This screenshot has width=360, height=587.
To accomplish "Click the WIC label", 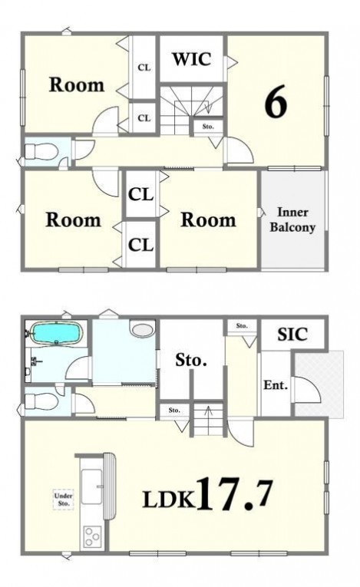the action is pyautogui.click(x=191, y=59).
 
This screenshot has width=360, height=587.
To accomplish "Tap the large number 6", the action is pyautogui.click(x=276, y=101).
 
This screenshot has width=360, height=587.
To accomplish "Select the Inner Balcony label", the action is pyautogui.click(x=292, y=219).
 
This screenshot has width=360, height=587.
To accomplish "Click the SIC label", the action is pyautogui.click(x=292, y=335).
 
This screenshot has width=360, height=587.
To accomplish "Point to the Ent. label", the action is pyautogui.click(x=276, y=385).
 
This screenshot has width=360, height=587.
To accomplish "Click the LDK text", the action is pyautogui.click(x=169, y=499).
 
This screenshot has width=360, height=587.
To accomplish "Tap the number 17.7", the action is pyautogui.click(x=233, y=494).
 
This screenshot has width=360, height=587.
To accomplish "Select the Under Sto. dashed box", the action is pyautogui.click(x=63, y=500).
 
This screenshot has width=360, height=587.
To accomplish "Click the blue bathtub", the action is pyautogui.click(x=56, y=333).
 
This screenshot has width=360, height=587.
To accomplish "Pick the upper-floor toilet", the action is pyautogui.click(x=41, y=152).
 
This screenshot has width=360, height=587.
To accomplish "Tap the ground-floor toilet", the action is pyautogui.click(x=41, y=402).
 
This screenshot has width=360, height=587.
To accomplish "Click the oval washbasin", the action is pyautogui.click(x=143, y=329).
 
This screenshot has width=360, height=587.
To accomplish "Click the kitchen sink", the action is pyautogui.click(x=92, y=486).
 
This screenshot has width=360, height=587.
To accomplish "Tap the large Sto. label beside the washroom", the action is pyautogui.click(x=191, y=361).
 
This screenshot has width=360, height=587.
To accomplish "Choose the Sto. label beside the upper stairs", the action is pyautogui.click(x=208, y=127).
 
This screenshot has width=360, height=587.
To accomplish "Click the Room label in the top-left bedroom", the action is pyautogui.click(x=77, y=85).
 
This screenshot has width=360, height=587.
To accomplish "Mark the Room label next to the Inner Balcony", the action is pyautogui.click(x=208, y=219).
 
